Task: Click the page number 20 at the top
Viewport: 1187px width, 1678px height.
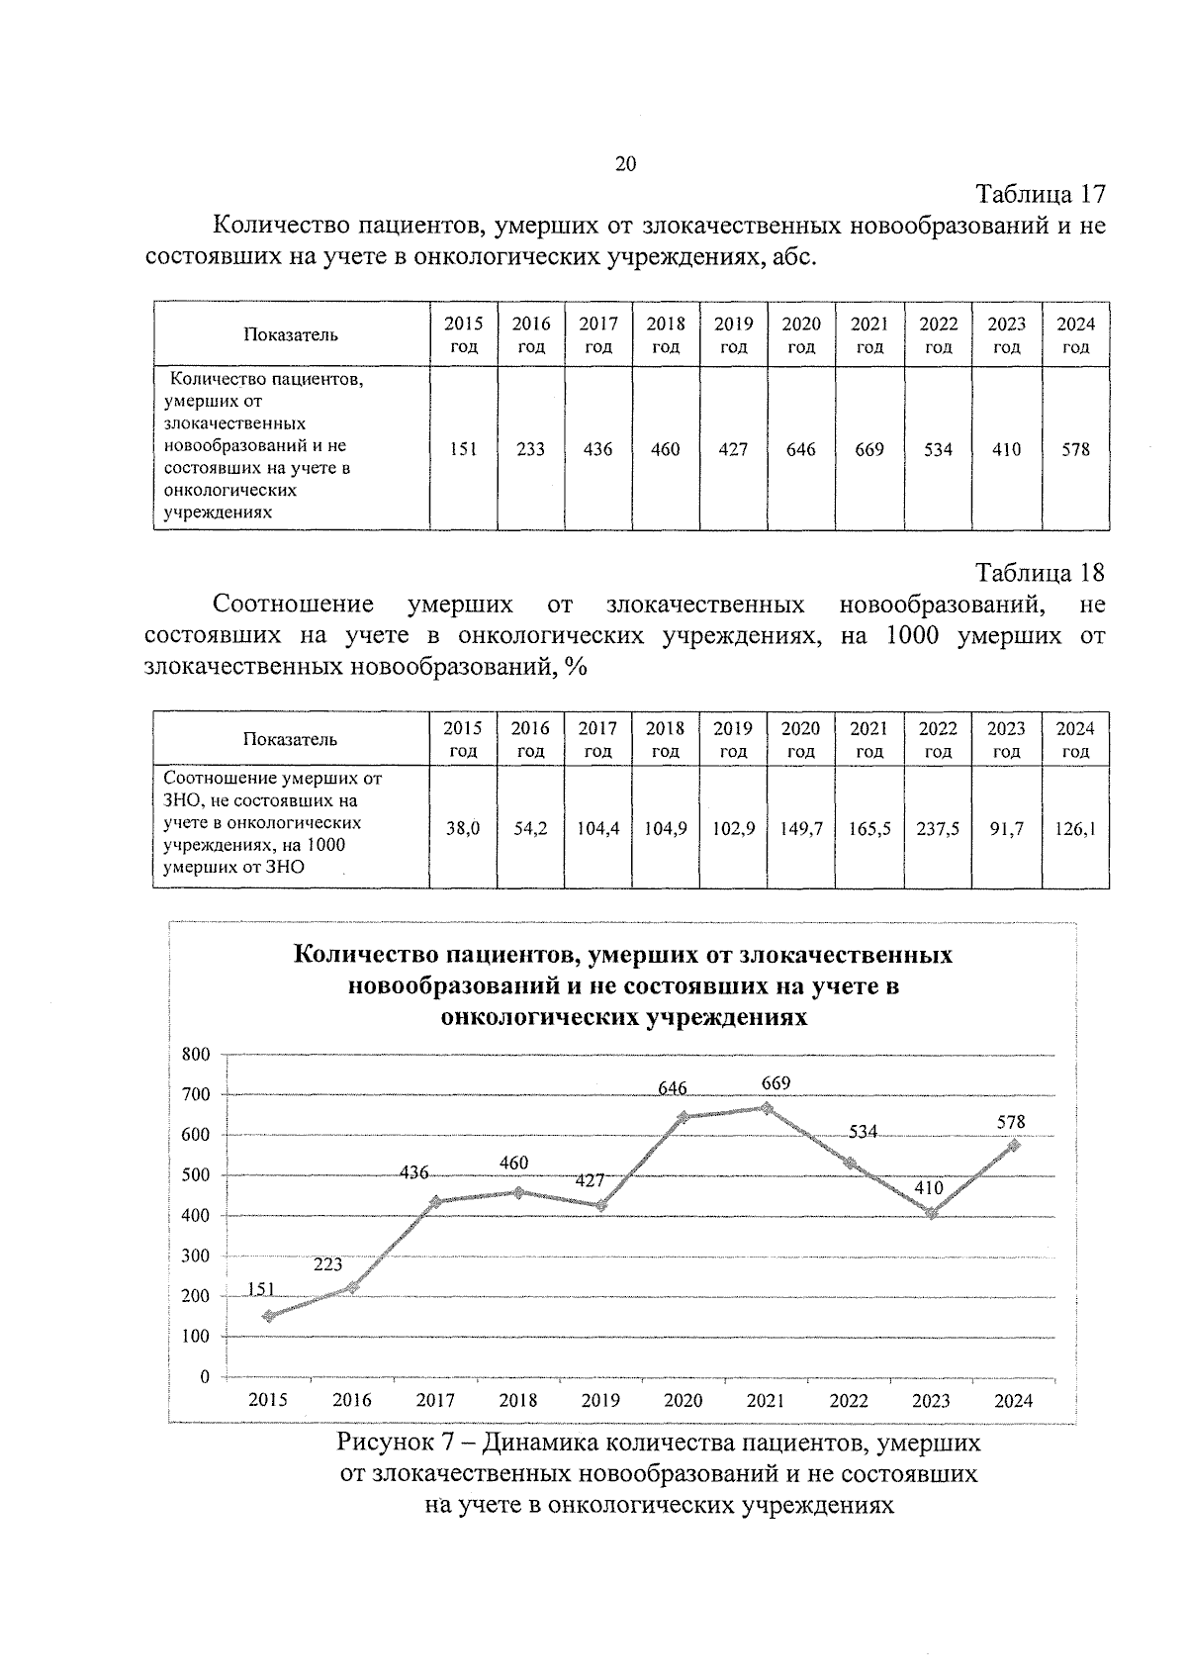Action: (x=625, y=164)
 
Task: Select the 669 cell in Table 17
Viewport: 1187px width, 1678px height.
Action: (x=869, y=449)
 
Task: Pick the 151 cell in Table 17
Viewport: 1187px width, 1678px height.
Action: (x=463, y=449)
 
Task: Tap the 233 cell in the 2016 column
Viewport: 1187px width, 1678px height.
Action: (x=530, y=449)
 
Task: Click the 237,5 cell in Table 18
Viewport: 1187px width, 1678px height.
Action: (x=938, y=829)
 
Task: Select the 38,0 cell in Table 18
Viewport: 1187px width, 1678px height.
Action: (x=463, y=829)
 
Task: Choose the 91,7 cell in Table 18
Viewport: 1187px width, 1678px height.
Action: (x=1006, y=829)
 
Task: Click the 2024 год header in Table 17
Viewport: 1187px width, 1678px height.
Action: (x=1075, y=334)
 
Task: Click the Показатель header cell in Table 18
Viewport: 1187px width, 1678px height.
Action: (x=291, y=739)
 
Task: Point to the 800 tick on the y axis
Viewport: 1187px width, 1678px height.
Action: (x=196, y=1055)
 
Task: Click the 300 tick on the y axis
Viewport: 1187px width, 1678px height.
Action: (x=196, y=1256)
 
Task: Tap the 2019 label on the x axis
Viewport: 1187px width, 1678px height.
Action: (x=600, y=1400)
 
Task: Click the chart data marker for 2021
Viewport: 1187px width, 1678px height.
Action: (x=766, y=1107)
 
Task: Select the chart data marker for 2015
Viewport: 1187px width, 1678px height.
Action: (x=269, y=1316)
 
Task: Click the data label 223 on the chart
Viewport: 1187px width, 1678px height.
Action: (x=327, y=1264)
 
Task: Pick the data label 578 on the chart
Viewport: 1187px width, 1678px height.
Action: (x=1011, y=1122)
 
